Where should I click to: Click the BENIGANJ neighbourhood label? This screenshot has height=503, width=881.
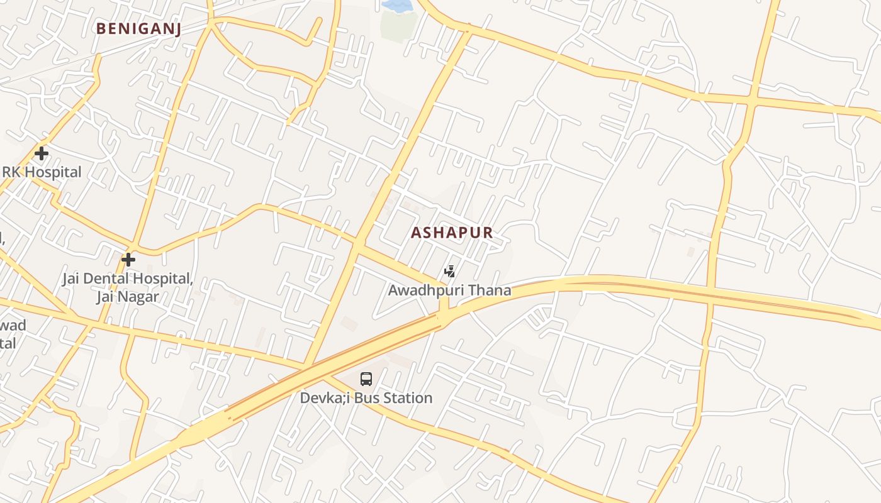pos(138,28)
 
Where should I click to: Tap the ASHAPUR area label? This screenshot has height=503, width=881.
pos(451,233)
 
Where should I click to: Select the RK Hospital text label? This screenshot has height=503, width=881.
pos(42,172)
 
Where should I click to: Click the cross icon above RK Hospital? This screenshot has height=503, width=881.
pos(42,153)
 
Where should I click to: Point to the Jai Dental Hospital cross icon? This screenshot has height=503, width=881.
pos(128,259)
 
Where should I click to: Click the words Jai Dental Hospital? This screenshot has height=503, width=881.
pos(127,279)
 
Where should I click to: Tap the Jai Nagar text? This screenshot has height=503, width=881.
pos(127,297)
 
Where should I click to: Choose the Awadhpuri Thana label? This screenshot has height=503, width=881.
pos(449,290)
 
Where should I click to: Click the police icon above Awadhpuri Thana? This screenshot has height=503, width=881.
pos(449,272)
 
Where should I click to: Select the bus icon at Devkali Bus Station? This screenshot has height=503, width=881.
pos(366,379)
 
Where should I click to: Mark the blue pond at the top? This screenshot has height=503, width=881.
pos(396,6)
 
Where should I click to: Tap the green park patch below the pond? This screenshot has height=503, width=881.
pos(399,26)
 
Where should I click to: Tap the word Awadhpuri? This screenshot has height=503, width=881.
pos(428,290)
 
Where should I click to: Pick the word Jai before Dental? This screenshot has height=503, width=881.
pos(72,279)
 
